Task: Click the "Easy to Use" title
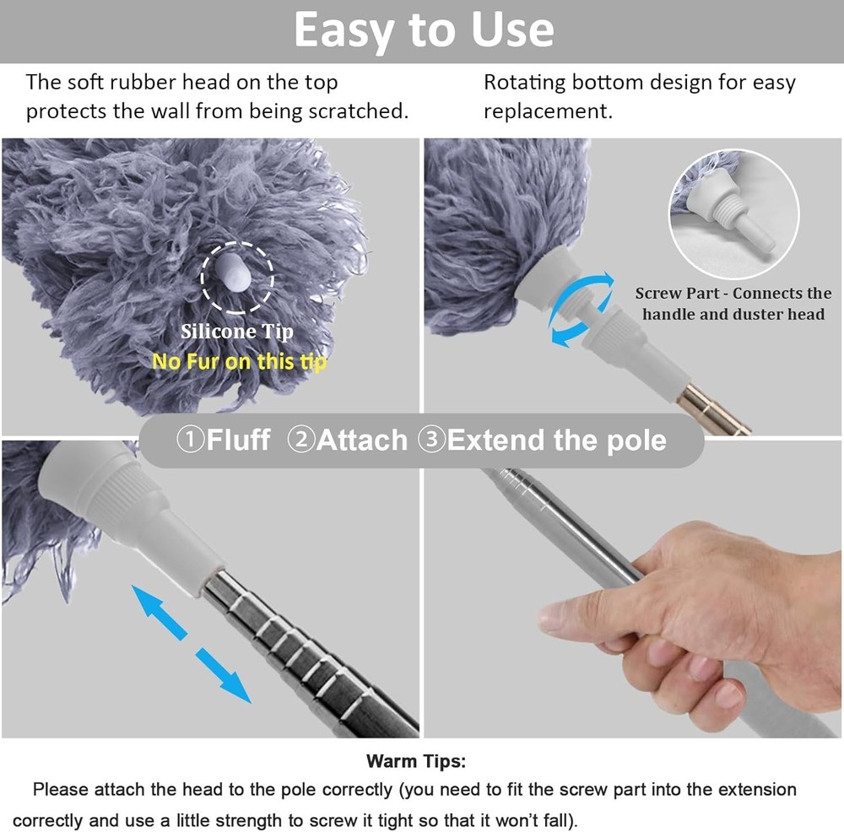coord(423,31)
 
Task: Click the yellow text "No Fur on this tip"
coord(239,361)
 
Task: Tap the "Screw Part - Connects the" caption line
coord(733,294)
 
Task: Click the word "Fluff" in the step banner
coord(238,440)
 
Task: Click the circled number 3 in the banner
coord(432,440)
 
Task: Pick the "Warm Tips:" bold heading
coord(415,761)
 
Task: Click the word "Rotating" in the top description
coord(523,83)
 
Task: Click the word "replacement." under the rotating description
coord(548,111)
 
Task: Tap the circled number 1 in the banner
coord(191,440)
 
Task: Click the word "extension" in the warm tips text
coord(749,790)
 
